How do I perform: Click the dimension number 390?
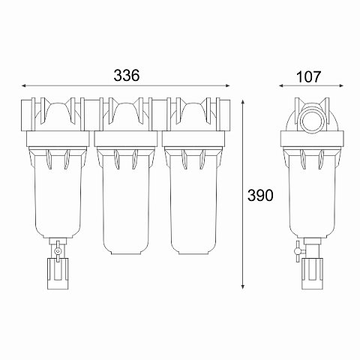(259, 195)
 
